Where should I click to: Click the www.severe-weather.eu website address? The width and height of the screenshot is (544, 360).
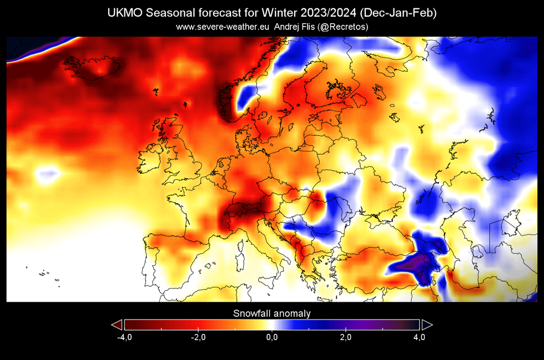pyautogui.click(x=223, y=27)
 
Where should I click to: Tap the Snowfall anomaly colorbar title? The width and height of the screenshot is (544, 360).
pyautogui.click(x=271, y=313)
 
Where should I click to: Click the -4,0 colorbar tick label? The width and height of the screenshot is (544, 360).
pyautogui.click(x=124, y=337)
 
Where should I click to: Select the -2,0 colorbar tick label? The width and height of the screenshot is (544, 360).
pyautogui.click(x=198, y=337)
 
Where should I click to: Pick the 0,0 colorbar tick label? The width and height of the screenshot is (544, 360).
pyautogui.click(x=271, y=337)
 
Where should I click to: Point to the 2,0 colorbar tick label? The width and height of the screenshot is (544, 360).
pyautogui.click(x=345, y=337)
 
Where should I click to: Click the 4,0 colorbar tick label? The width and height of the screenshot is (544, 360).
pyautogui.click(x=419, y=337)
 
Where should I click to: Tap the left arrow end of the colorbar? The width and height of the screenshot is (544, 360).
pyautogui.click(x=117, y=325)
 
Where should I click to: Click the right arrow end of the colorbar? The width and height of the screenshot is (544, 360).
pyautogui.click(x=427, y=325)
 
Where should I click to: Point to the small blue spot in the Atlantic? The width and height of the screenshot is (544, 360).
pyautogui.click(x=46, y=175)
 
